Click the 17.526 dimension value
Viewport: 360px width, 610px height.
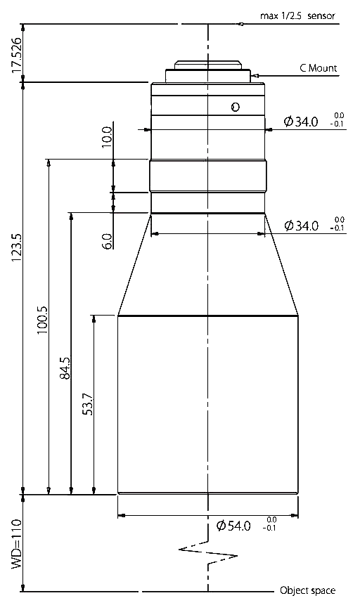tap(17, 56)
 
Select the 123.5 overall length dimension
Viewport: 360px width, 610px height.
tap(17, 248)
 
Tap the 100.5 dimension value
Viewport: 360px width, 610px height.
tap(42, 320)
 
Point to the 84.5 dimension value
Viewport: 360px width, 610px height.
tap(65, 368)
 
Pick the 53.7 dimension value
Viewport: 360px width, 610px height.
tap(88, 404)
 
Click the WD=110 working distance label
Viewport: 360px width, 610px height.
tap(17, 543)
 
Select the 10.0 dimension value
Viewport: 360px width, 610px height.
tap(106, 136)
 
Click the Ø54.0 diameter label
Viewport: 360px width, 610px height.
tap(234, 526)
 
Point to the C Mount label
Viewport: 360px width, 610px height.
tap(318, 68)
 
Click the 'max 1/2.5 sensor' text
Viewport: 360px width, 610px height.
tap(297, 16)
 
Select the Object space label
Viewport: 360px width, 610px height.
tap(307, 590)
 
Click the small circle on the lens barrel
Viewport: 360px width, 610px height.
tap(235, 107)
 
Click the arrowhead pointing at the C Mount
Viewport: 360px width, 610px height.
tap(255, 75)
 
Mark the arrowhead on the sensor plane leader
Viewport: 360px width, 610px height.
tap(240, 24)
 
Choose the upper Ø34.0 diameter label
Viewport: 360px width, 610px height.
tap(301, 122)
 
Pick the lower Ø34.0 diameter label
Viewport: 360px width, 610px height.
tap(301, 226)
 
